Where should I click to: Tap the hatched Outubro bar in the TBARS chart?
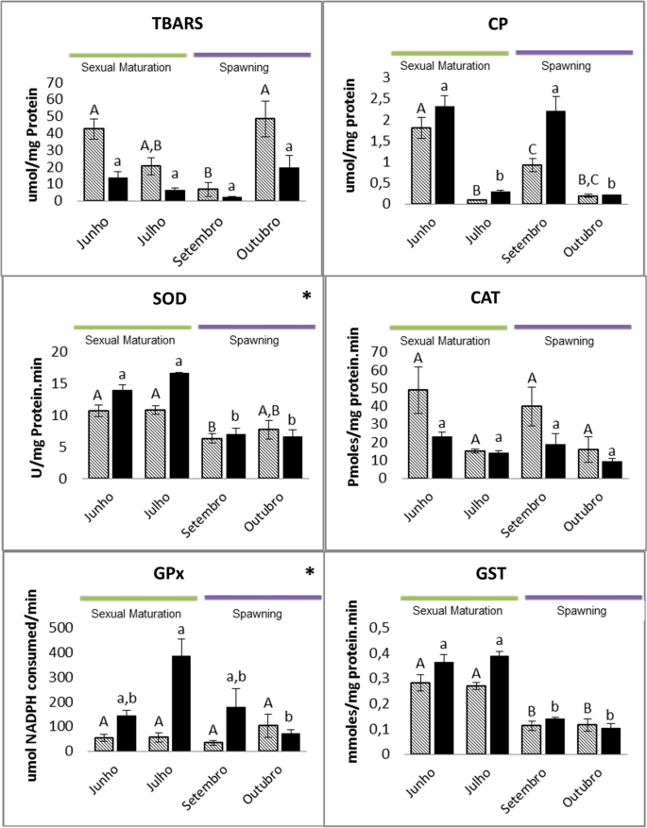pos(266,159)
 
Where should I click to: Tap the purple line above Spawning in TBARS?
pos(252,55)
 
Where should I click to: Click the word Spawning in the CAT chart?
pos(569,341)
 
